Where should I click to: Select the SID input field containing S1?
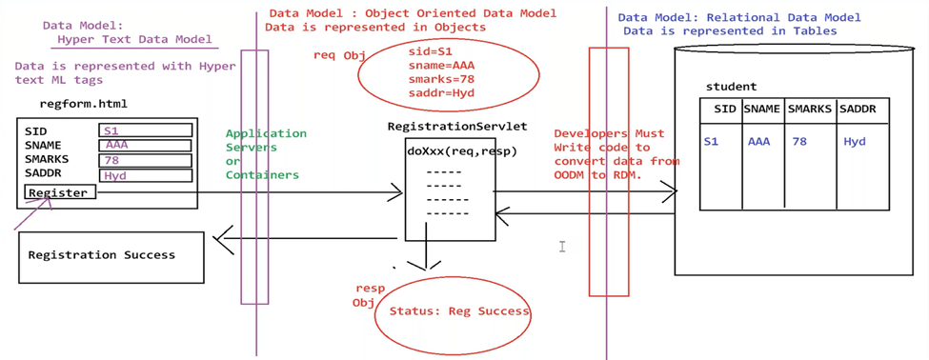click(146, 130)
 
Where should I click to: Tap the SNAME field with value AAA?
click(146, 145)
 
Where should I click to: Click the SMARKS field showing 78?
click(146, 160)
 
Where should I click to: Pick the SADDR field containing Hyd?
click(146, 175)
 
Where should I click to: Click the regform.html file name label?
click(83, 104)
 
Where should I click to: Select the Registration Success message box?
click(111, 255)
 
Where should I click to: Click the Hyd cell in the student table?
click(855, 141)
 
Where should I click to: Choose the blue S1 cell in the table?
click(711, 141)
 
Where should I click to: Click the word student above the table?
click(731, 87)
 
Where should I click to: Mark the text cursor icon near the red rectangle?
click(562, 247)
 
